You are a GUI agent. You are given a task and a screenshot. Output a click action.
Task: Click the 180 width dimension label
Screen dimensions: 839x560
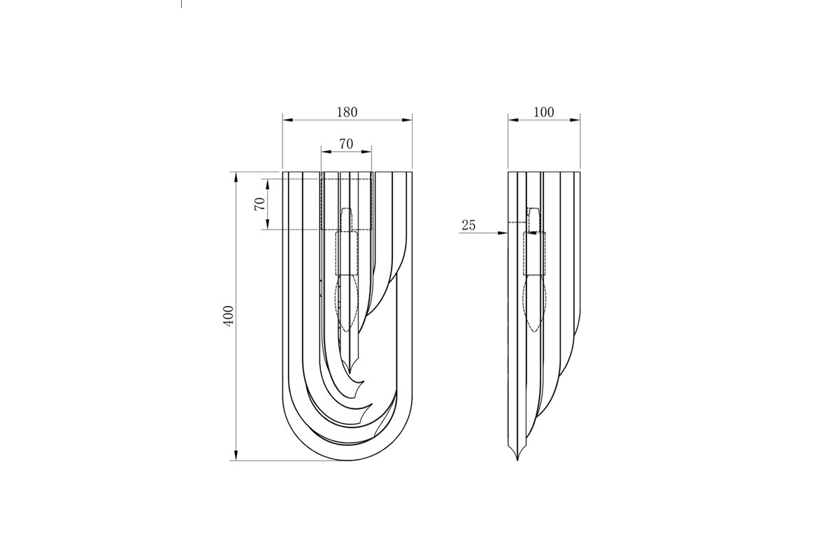tap(347, 112)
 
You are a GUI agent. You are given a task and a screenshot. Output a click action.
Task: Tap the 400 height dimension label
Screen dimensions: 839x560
tap(229, 316)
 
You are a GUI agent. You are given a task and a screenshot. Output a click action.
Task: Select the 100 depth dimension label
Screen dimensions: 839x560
tap(543, 112)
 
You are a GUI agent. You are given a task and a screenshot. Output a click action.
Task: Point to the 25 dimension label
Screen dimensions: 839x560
tap(468, 225)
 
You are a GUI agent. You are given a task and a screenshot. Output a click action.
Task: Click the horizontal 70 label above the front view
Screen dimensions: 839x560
tap(347, 143)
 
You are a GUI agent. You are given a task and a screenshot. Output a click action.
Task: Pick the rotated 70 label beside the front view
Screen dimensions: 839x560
tap(260, 204)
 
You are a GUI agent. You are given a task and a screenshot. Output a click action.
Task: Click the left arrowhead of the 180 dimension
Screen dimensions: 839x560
tap(287, 120)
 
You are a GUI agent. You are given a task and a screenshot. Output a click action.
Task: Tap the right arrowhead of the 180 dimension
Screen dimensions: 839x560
tap(407, 120)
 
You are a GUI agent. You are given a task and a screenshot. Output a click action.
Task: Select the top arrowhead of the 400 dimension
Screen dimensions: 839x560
tap(236, 177)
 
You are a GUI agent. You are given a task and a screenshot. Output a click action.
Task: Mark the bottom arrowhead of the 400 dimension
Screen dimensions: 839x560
tap(236, 456)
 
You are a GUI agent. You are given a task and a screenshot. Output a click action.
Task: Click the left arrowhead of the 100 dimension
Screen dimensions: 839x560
tap(513, 120)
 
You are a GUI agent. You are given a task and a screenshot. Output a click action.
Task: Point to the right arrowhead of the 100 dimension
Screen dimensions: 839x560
tap(575, 120)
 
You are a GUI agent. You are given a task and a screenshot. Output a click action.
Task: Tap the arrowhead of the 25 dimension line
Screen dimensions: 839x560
tap(503, 233)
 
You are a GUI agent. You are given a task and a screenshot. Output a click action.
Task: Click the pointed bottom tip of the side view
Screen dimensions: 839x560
tap(517, 460)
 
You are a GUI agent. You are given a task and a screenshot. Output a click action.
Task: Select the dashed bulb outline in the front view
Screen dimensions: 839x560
tap(346, 303)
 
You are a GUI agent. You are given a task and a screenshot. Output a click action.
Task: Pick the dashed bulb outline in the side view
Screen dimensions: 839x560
tap(534, 303)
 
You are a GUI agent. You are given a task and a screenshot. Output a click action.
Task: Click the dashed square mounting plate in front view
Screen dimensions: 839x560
tap(347, 204)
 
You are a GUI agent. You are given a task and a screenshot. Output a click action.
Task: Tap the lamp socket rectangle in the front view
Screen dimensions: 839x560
tap(347, 253)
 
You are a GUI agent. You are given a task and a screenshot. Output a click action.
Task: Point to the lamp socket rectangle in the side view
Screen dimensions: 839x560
tap(534, 253)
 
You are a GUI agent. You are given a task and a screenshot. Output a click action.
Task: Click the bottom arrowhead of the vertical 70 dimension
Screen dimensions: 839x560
tap(267, 225)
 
